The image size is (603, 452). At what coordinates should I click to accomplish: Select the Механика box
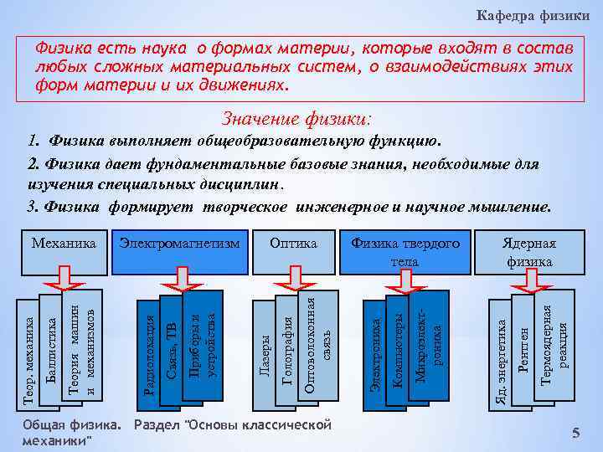coord(64,244)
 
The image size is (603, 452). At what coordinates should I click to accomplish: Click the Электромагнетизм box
coord(179,244)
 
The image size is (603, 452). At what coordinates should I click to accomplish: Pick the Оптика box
coord(293,244)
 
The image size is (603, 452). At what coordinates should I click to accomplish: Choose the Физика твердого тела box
coord(405,251)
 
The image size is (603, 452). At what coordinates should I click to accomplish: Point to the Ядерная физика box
coord(528,251)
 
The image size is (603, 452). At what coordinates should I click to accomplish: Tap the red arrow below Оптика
coord(292,275)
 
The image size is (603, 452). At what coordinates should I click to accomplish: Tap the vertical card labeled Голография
coord(287,350)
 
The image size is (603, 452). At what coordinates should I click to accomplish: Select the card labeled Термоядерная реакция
coord(554,343)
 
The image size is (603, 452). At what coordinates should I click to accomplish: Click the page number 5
coord(575,432)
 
